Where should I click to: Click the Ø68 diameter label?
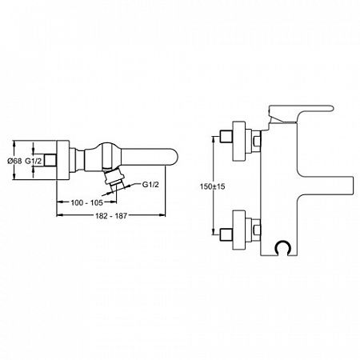pyautogui.click(x=14, y=161)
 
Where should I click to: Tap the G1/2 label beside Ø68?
pyautogui.click(x=34, y=161)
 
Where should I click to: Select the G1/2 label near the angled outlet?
pyautogui.click(x=150, y=184)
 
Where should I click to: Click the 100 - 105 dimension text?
pyautogui.click(x=86, y=202)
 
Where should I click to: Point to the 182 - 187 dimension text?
pyautogui.click(x=111, y=216)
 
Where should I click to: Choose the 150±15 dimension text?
pyautogui.click(x=213, y=186)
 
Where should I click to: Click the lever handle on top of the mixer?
pyautogui.click(x=302, y=114)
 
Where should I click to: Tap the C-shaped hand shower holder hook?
pyautogui.click(x=282, y=248)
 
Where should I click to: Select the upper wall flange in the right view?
pyautogui.click(x=238, y=142)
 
